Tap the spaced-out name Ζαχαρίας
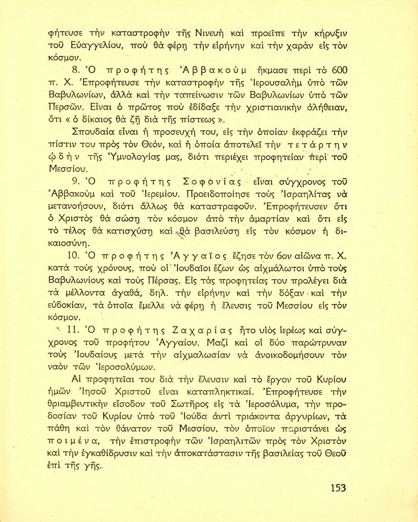click(202, 330)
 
